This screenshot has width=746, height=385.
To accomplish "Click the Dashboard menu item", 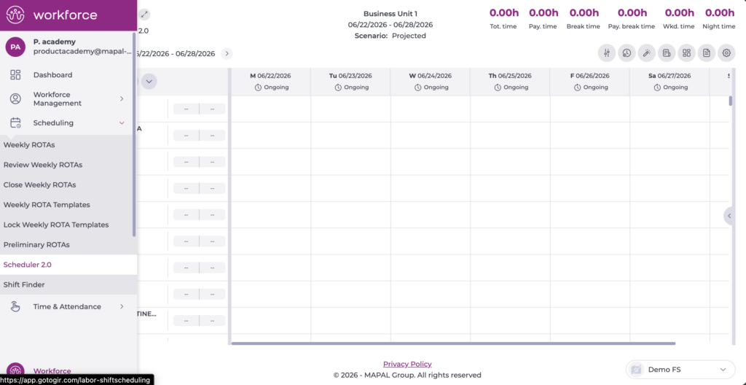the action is pyautogui.click(x=52, y=75).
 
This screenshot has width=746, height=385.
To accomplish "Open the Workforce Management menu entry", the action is pyautogui.click(x=57, y=98).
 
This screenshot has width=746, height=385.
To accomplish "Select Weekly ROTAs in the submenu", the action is pyautogui.click(x=29, y=145).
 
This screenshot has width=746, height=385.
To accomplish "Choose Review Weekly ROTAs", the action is pyautogui.click(x=43, y=165).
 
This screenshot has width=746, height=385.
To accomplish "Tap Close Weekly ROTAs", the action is pyautogui.click(x=39, y=185).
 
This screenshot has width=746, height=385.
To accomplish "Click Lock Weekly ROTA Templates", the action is pyautogui.click(x=56, y=225).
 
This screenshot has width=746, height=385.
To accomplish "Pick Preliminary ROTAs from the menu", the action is pyautogui.click(x=36, y=245).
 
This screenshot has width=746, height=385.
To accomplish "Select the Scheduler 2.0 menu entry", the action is pyautogui.click(x=28, y=265).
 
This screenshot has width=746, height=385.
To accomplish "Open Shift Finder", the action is pyautogui.click(x=24, y=285).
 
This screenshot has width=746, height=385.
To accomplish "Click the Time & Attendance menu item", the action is pyautogui.click(x=67, y=307).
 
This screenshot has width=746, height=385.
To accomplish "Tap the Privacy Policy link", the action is pyautogui.click(x=407, y=364).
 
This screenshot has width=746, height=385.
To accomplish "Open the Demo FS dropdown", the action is pyautogui.click(x=681, y=370).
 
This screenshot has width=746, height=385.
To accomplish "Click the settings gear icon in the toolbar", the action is pyautogui.click(x=726, y=53).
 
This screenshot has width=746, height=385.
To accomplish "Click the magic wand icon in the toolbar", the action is pyautogui.click(x=647, y=53).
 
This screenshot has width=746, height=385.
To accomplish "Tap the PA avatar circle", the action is pyautogui.click(x=15, y=47).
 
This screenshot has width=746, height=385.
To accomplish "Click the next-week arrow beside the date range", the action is pyautogui.click(x=227, y=53).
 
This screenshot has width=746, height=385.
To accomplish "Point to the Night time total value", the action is pyautogui.click(x=719, y=13).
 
